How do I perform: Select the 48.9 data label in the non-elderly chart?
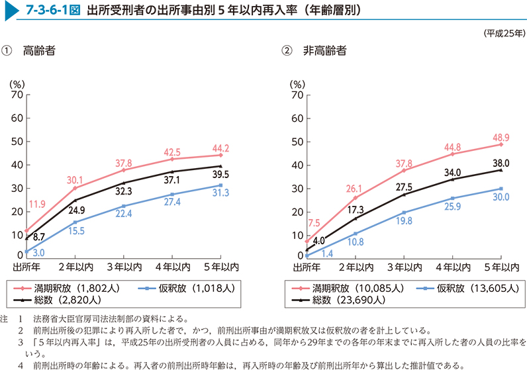pyautogui.click(x=500, y=137)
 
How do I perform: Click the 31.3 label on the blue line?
pyautogui.click(x=221, y=193)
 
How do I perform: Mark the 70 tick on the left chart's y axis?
pyautogui.click(x=17, y=95)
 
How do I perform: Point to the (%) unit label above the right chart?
pyautogui.click(x=298, y=83)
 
